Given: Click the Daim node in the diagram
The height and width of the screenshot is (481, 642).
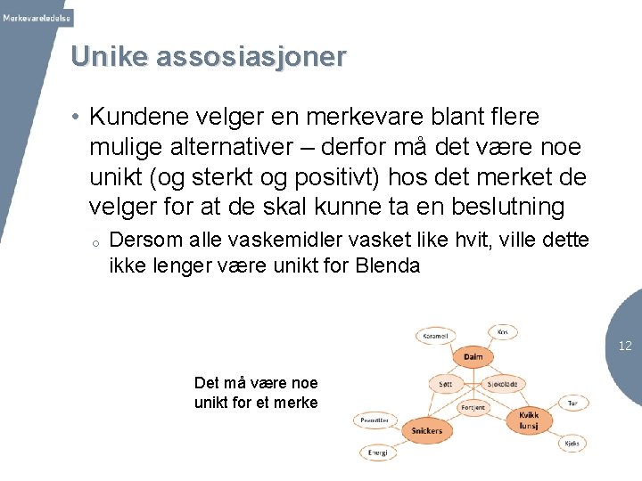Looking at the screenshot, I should pyautogui.click(x=473, y=357).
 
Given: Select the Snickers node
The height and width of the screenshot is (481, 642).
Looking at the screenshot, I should pyautogui.click(x=426, y=430).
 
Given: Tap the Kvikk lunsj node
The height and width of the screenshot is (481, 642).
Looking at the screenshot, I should pyautogui.click(x=529, y=420).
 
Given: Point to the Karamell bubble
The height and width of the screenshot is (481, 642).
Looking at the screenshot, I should pyautogui.click(x=435, y=337).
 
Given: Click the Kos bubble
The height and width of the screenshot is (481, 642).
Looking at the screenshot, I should pyautogui.click(x=503, y=331).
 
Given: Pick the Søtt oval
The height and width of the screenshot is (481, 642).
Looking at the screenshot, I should pyautogui.click(x=445, y=385).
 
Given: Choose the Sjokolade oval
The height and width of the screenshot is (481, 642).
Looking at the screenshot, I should pyautogui.click(x=501, y=385).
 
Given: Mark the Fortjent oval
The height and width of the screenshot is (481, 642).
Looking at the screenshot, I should pyautogui.click(x=473, y=407).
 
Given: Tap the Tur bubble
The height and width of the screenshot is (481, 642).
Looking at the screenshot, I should pyautogui.click(x=572, y=403).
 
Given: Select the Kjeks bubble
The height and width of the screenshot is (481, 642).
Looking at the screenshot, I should pyautogui.click(x=572, y=443).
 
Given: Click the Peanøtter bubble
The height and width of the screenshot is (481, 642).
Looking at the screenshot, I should pyautogui.click(x=374, y=420).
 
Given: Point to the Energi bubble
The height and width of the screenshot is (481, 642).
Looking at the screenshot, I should pyautogui.click(x=377, y=452).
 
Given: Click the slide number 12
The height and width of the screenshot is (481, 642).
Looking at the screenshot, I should pyautogui.click(x=625, y=346).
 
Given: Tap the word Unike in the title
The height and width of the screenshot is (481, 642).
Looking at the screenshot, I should pyautogui.click(x=109, y=56).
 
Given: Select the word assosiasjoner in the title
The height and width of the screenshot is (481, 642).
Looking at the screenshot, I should pyautogui.click(x=251, y=56).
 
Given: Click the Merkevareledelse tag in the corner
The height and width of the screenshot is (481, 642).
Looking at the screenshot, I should pyautogui.click(x=37, y=18).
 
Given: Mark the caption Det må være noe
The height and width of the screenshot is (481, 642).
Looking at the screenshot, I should pyautogui.click(x=256, y=383).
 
